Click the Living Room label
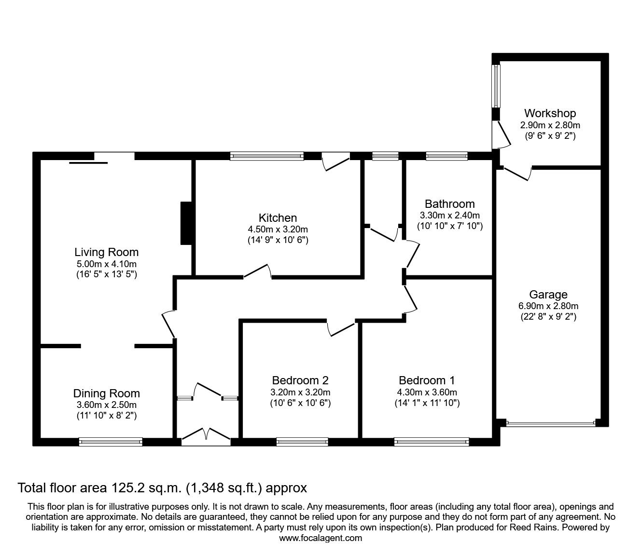pos(106,252)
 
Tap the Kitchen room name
pos(278,218)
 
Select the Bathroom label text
pos(449,203)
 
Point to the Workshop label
pos(550,113)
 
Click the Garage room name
pos(548,294)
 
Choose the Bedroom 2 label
pos(300,380)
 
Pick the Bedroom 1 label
pos(427,380)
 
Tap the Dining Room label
pos(106,393)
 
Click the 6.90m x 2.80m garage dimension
pos(548,306)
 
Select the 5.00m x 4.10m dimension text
pos(106,264)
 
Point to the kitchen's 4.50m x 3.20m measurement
pos(278,230)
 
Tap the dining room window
pos(111,441)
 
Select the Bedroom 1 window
pos(432,441)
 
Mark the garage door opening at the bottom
pos(551,423)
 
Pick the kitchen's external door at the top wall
pos(335,159)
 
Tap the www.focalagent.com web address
pos(320,538)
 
